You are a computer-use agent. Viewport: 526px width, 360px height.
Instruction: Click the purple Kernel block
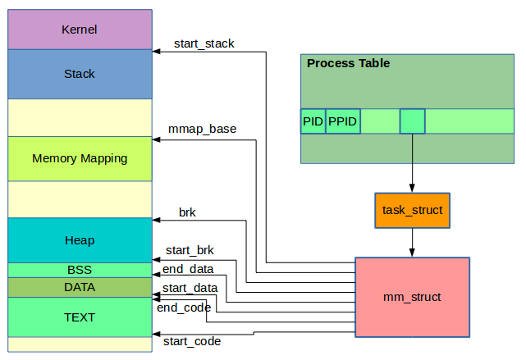click(80, 30)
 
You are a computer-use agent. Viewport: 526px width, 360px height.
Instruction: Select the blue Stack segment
click(80, 74)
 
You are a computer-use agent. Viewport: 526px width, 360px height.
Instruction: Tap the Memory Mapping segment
click(80, 158)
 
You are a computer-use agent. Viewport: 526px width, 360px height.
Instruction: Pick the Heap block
click(80, 240)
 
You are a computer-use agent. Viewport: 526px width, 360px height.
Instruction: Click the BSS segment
click(80, 270)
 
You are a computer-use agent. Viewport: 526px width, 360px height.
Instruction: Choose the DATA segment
click(80, 287)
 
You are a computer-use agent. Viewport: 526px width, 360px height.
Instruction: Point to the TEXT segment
click(80, 317)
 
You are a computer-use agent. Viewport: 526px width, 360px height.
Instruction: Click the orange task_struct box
click(412, 211)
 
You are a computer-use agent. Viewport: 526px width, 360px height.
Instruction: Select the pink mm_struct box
click(412, 297)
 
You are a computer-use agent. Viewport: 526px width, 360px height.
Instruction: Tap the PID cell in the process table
click(313, 121)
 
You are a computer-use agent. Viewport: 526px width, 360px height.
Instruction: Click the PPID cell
click(343, 121)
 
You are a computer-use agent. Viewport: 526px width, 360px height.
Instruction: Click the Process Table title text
click(348, 63)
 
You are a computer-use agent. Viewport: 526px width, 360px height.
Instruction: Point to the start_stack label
click(204, 43)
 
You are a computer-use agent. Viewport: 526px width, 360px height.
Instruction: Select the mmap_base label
click(202, 129)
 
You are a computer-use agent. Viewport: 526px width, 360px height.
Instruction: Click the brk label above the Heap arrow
click(187, 212)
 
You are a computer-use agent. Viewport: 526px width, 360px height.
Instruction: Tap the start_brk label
click(190, 250)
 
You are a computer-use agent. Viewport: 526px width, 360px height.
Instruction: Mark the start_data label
click(190, 288)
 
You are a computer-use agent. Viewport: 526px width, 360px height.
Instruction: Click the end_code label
click(184, 308)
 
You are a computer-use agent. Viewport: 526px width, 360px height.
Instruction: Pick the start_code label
click(192, 340)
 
